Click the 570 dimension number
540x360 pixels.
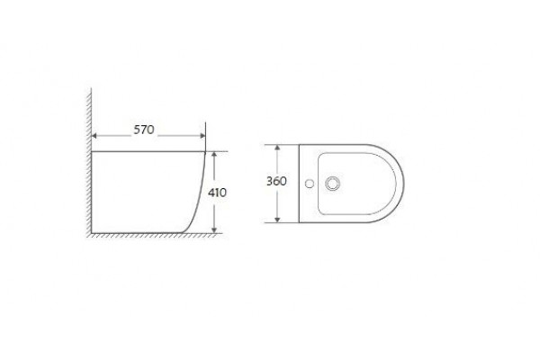click(144, 130)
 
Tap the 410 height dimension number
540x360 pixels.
click(217, 193)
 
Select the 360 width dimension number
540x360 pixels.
click(276, 181)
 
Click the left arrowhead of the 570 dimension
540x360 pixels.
click(94, 136)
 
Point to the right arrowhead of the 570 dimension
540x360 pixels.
click(202, 136)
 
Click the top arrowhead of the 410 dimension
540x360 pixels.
click(214, 155)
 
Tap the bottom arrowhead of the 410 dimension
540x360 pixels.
click(214, 230)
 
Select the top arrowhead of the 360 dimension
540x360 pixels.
click(277, 148)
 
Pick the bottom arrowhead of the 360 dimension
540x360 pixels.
click(277, 220)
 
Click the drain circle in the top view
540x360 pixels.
click(333, 184)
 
